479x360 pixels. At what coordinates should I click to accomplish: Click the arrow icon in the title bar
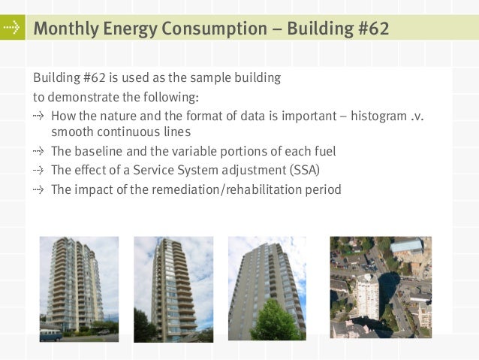click(11, 29)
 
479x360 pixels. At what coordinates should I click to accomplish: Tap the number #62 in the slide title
click(369, 29)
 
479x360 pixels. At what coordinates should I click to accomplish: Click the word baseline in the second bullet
click(101, 152)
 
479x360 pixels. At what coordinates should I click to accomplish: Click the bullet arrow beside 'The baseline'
click(38, 152)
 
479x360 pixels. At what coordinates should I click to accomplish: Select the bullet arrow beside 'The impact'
click(38, 189)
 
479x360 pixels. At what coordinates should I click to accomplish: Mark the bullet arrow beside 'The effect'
click(38, 171)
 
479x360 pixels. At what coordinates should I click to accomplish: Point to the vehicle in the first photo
click(50, 334)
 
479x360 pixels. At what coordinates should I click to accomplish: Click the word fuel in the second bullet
click(324, 152)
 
